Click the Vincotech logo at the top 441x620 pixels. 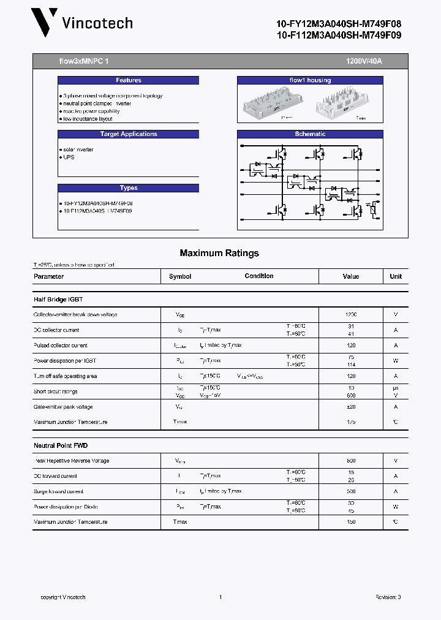pos(83,23)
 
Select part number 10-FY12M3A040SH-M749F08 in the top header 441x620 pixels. pos(339,23)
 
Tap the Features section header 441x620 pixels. pos(129,80)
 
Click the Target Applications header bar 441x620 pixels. pos(129,134)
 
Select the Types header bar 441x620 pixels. pos(129,188)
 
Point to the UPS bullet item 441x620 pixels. pos(68,157)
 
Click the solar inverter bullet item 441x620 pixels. pos(78,149)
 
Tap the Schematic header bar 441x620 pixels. pos(310,134)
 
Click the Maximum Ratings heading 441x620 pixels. pos(219,253)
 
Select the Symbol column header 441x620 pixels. pos(180,276)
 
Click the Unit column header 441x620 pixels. pos(396,276)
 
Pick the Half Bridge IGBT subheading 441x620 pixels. pos(58,300)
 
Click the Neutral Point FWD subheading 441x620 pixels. pos(61,445)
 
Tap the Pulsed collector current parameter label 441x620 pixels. pos(61,346)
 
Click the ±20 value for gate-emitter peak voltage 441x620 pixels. pos(351,407)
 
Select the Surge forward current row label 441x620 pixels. pos(58,491)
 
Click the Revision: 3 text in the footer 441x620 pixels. pos(388,597)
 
